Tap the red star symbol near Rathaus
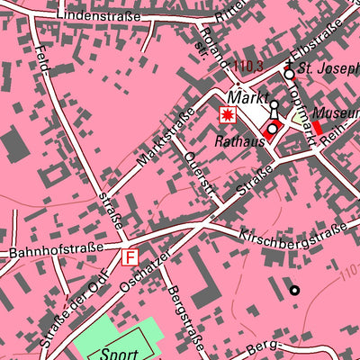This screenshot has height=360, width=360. [x=229, y=114]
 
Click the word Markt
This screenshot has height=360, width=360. [x=247, y=96]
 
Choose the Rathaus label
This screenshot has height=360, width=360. [x=238, y=141]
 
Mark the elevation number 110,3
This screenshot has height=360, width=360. [x=247, y=66]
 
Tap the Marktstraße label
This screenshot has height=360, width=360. [x=166, y=136]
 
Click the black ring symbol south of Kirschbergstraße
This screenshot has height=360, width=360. [x=293, y=290]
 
